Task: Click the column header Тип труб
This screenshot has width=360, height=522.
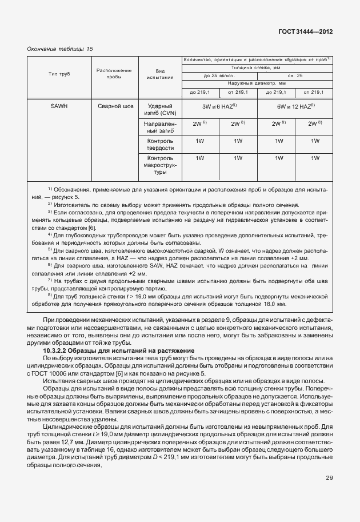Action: click(x=60, y=74)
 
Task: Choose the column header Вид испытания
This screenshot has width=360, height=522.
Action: click(x=161, y=74)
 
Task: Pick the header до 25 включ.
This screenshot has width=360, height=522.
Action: click(x=219, y=75)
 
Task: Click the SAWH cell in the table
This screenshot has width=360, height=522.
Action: click(x=60, y=106)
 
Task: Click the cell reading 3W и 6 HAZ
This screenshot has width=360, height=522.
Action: click(x=219, y=107)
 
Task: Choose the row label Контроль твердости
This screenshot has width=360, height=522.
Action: click(x=161, y=145)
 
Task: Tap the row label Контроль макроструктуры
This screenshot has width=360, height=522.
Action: click(x=161, y=165)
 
